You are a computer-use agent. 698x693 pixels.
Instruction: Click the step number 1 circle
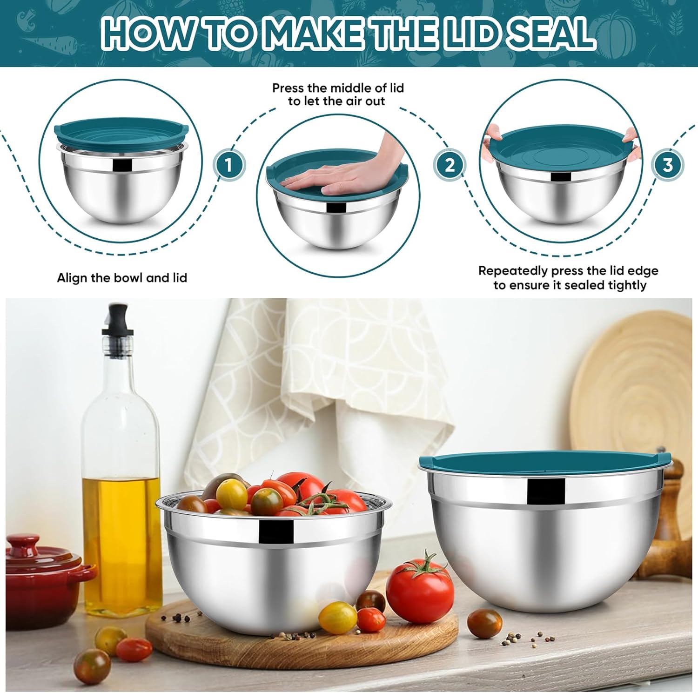[228, 165]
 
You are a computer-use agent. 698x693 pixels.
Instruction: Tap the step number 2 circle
[449, 165]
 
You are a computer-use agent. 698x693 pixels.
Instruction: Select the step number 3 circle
[667, 165]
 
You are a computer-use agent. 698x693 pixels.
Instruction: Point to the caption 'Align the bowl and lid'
[122, 278]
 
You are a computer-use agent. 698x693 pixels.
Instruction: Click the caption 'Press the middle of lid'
[338, 88]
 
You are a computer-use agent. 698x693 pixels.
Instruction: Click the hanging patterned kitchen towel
[335, 372]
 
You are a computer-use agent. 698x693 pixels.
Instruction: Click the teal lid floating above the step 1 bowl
[122, 133]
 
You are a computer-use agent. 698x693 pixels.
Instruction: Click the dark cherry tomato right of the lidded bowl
[484, 622]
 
